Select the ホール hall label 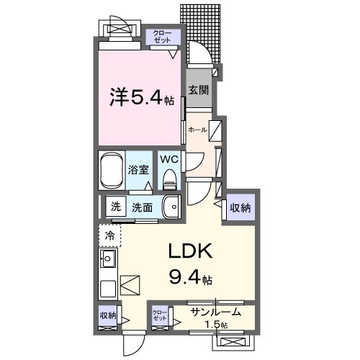click(x=197, y=130)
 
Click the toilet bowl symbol click(x=170, y=177)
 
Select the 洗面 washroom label click(x=142, y=207)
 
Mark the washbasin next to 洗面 click(x=171, y=207)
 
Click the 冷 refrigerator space click(x=110, y=235)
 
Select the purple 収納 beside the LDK click(x=240, y=208)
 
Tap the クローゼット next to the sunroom click(x=159, y=315)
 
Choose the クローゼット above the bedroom click(x=159, y=37)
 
